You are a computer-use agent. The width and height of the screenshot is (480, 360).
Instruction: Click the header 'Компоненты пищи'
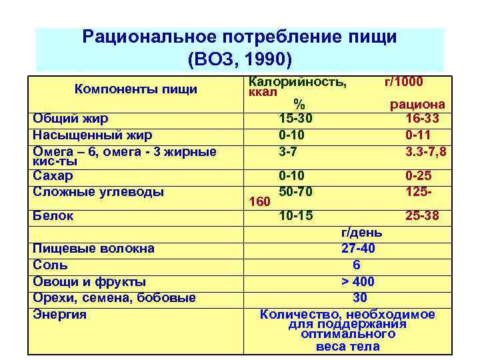[135, 89]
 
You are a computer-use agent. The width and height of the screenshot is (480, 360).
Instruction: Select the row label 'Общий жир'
[70, 119]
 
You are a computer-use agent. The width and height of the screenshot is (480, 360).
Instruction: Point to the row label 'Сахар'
[53, 175]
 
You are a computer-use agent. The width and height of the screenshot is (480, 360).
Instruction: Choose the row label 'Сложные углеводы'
[98, 191]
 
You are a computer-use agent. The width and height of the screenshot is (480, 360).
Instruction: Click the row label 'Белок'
[53, 215]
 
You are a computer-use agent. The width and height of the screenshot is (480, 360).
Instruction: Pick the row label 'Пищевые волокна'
[93, 248]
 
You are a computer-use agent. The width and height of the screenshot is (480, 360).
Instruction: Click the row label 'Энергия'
[59, 314]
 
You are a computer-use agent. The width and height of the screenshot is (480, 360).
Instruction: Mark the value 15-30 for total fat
[295, 119]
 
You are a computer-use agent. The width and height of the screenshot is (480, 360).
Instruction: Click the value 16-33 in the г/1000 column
[425, 119]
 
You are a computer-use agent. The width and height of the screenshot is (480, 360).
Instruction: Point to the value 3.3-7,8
[425, 151]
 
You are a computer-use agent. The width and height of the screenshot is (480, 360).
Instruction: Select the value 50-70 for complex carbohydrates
[295, 191]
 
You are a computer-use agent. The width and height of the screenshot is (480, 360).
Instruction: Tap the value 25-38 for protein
[425, 215]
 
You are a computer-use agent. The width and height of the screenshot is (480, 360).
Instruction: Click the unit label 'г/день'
[361, 232]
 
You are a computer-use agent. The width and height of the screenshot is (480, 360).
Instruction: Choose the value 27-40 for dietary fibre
[357, 248]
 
